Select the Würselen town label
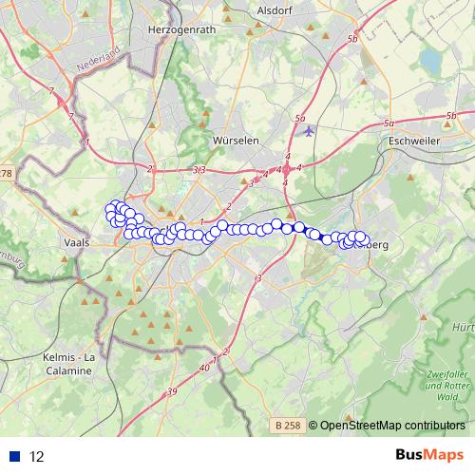[237, 140]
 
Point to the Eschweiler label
[413, 142]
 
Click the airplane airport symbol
[309, 131]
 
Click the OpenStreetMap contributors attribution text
[390, 427]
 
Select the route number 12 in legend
[37, 456]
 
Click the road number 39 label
[171, 392]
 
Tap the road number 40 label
[204, 367]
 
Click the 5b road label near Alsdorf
[352, 39]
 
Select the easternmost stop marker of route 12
[362, 238]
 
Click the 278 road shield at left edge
[6, 173]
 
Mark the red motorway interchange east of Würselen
[288, 168]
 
